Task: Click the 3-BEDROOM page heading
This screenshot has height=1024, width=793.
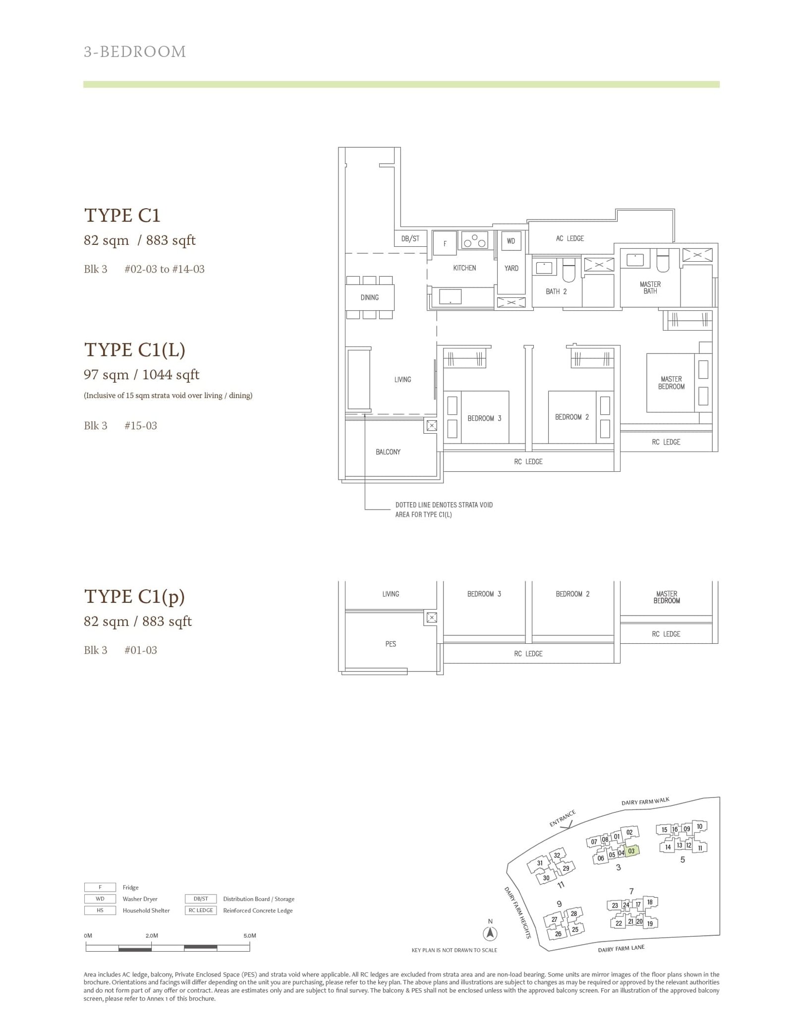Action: point(135,52)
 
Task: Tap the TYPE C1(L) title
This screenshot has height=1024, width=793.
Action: point(135,349)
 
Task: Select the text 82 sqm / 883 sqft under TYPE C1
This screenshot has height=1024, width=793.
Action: point(140,240)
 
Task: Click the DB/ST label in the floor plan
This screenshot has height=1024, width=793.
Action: point(410,238)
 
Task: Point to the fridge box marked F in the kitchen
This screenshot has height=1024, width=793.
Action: point(445,243)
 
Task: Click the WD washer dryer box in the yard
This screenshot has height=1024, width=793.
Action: point(511,241)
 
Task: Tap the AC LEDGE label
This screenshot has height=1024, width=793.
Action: point(570,238)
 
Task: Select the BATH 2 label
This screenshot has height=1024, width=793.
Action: point(556,291)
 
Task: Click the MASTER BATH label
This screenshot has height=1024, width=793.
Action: point(650,287)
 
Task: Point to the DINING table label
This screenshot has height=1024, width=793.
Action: point(370,297)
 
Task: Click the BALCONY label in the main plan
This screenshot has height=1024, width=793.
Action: point(388,452)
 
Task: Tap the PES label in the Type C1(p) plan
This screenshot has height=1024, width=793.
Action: point(391,644)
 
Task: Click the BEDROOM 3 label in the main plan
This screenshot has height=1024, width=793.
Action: point(484,418)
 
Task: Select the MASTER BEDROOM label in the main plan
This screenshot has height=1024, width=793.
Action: point(671,383)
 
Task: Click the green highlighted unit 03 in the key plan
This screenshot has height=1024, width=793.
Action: point(631,851)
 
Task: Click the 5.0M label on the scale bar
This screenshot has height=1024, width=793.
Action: point(250,936)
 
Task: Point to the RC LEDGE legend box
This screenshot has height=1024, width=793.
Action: point(201,910)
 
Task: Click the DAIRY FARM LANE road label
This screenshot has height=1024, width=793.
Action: point(621,949)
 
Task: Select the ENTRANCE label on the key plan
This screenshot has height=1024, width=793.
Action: point(563,818)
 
